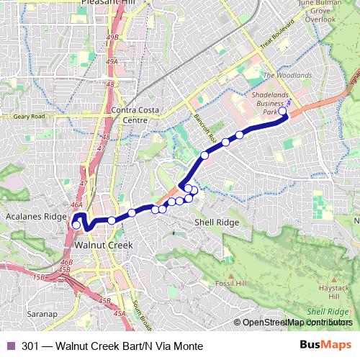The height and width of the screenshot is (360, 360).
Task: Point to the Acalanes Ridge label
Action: tap(35, 217)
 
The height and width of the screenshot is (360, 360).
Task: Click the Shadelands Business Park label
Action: tap(271, 103)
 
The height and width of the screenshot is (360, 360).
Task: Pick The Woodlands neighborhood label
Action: tap(288, 75)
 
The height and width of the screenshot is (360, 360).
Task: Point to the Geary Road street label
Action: tap(29, 116)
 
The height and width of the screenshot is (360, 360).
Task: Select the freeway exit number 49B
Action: tap(111, 37)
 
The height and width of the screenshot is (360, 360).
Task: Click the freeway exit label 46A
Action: tap(77, 205)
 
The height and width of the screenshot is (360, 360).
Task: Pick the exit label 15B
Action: tap(39, 276)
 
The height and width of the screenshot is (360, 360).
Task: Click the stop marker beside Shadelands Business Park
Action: tap(283, 112)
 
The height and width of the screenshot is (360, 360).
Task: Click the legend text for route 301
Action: tap(107, 346)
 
